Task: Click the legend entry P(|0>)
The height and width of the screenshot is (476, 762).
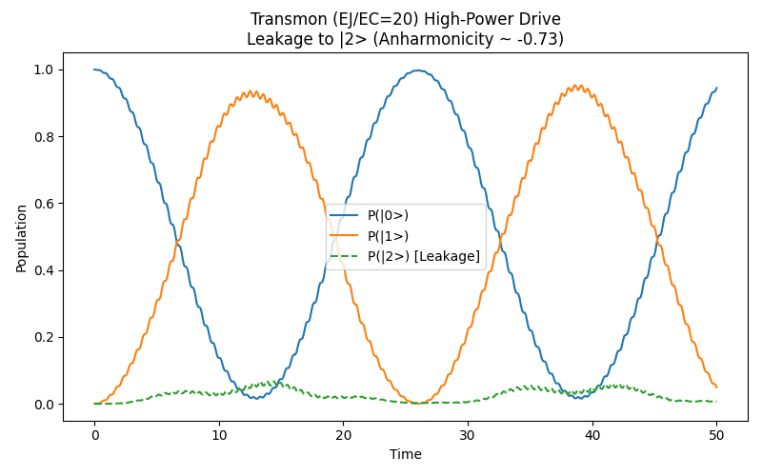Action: point(388,215)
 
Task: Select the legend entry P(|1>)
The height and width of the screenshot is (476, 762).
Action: point(388,235)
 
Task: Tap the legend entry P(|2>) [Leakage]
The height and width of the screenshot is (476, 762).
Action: point(423,256)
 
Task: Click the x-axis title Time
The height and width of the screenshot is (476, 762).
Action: point(405,454)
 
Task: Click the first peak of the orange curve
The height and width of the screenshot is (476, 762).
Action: point(252,92)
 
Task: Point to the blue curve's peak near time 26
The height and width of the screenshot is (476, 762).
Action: point(417,70)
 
